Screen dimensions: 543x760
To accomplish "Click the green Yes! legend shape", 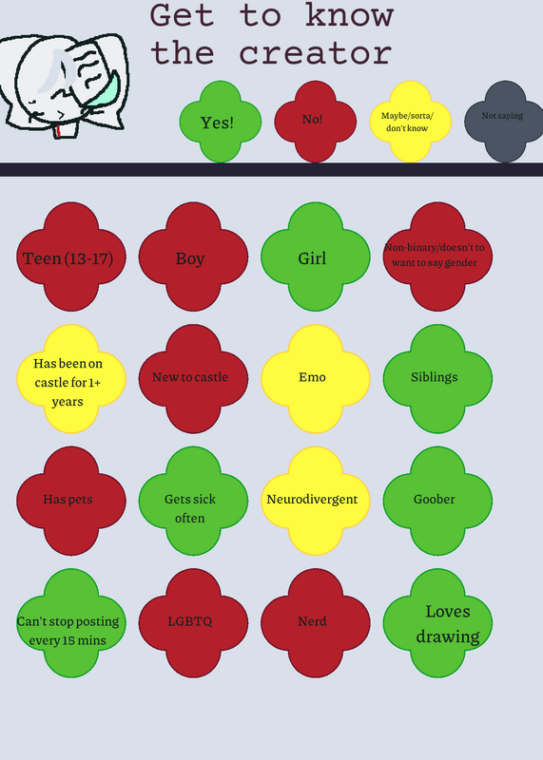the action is point(221,122).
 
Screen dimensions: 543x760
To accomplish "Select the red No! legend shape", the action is point(316,122).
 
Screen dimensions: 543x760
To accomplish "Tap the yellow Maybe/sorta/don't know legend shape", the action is point(411,122).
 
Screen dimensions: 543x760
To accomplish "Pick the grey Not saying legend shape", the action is point(505,122).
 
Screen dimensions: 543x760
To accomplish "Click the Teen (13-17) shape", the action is point(71,256).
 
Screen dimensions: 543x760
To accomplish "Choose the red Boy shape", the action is point(193,256).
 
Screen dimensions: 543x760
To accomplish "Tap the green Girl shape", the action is point(316,256).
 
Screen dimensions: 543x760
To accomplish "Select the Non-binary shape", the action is point(437,256).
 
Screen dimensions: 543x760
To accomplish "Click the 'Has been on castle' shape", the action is point(71,379).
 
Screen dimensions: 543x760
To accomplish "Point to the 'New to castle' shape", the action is point(193,379).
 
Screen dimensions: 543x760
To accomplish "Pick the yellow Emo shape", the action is point(316,379).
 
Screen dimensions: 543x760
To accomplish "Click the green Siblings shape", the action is point(437,379).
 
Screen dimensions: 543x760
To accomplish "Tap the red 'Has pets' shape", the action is point(71,502).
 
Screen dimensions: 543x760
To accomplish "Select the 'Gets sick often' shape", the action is point(193,502).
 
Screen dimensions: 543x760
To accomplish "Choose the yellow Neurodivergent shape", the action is point(316,502).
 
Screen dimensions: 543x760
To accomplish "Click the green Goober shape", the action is point(437,502).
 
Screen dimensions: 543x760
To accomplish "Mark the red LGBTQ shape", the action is point(193,623).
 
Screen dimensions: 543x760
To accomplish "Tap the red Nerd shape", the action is point(316,623).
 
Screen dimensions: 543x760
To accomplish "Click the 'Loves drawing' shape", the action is point(437,623).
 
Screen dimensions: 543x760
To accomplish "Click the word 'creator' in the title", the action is point(316,54).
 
